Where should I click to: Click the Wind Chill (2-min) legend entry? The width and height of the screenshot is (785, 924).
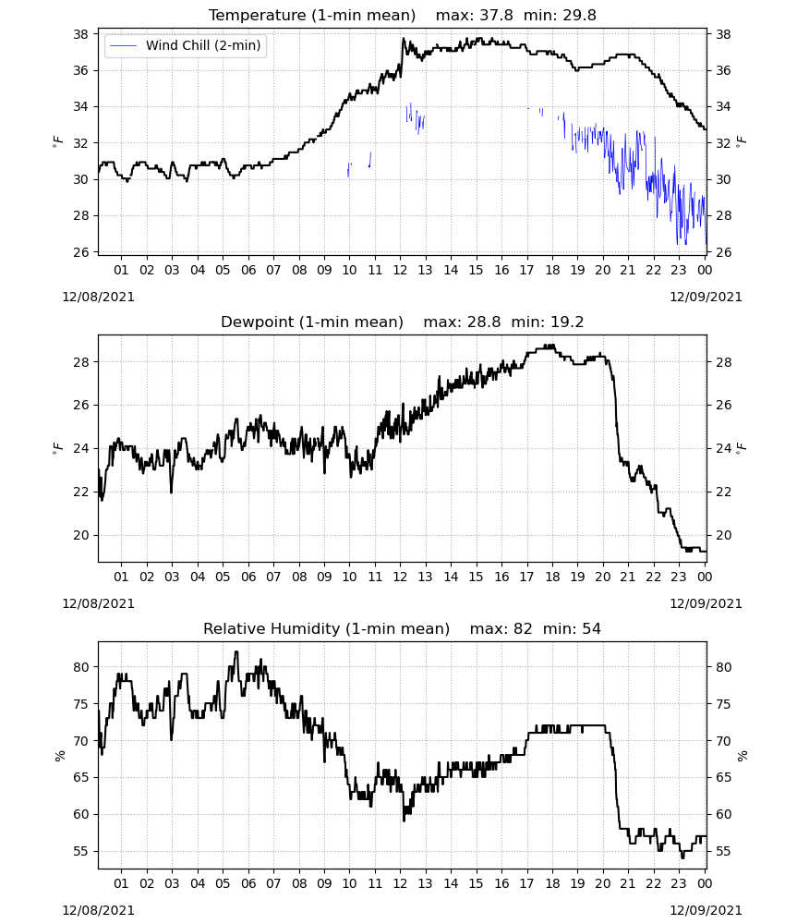click(x=186, y=45)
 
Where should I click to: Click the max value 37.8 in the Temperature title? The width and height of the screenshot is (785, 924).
click(x=497, y=16)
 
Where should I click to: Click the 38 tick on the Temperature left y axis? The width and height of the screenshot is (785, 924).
click(x=81, y=34)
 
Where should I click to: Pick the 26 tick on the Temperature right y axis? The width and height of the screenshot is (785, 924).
click(x=723, y=251)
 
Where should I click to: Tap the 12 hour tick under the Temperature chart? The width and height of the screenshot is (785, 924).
click(x=401, y=270)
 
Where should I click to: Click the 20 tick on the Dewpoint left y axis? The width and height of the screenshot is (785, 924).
click(x=81, y=535)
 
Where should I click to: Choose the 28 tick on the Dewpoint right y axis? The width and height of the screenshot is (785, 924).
click(x=723, y=362)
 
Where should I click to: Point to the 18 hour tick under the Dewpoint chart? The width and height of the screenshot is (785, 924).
click(x=552, y=577)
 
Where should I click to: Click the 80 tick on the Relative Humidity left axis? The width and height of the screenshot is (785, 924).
click(x=81, y=667)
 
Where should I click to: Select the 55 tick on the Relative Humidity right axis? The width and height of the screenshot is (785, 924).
click(x=723, y=851)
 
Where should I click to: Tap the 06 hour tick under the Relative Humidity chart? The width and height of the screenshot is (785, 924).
click(x=248, y=883)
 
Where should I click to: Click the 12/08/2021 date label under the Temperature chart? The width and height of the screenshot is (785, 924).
click(x=98, y=297)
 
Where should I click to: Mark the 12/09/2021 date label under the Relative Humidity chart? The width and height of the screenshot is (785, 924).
click(x=706, y=910)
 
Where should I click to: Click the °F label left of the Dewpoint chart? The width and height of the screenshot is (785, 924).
click(x=57, y=448)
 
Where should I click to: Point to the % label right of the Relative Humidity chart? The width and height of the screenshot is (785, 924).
click(x=743, y=756)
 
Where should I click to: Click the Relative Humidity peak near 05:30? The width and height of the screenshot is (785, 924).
click(x=236, y=651)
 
